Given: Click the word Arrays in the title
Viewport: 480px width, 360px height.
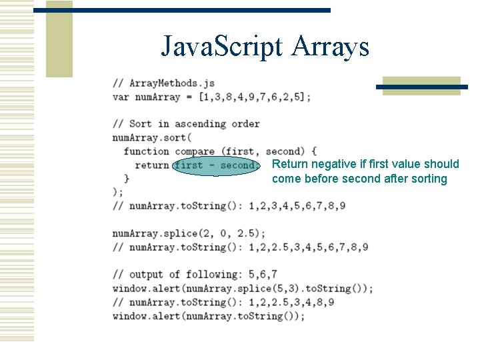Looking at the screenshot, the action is [331, 47].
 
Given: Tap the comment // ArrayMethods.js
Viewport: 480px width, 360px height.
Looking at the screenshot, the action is [163, 83].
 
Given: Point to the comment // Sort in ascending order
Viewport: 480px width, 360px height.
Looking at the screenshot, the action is [186, 123].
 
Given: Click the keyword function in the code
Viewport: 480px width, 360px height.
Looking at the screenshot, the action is [146, 151].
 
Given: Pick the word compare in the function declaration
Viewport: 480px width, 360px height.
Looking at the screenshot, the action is [195, 151].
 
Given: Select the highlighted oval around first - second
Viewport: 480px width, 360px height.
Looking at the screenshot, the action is [215, 165].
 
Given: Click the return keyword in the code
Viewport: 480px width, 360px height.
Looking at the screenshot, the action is [152, 165].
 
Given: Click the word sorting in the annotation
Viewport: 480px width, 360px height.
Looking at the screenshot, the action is [427, 179].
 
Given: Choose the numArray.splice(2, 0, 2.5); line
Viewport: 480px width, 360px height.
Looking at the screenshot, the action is [189, 233].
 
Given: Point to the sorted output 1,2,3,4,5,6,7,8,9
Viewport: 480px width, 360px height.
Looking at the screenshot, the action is [297, 206].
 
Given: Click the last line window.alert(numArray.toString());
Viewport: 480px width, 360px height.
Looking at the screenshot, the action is [209, 316].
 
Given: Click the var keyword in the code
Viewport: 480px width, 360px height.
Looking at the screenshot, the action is [121, 97].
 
